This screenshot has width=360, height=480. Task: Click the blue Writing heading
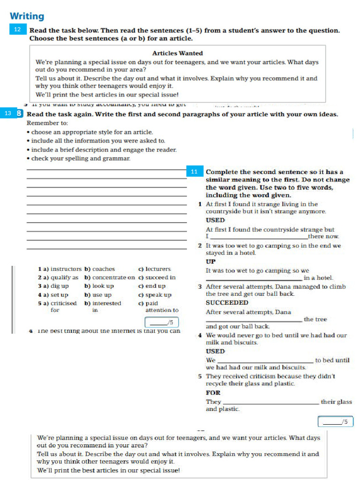pos(27,16)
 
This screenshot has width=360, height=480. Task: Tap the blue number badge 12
pos(17,30)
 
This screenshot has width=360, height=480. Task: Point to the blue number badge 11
pos(194,172)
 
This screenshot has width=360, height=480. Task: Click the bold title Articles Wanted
pos(178,53)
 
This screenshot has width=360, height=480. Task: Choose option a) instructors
pos(60,269)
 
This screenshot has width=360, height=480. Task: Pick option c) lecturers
pos(155,269)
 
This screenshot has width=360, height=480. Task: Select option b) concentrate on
pos(110,277)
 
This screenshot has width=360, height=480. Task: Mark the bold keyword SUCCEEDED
pos(227,303)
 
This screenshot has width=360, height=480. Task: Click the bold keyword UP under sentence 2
pos(210,262)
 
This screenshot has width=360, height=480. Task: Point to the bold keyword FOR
pos(213,393)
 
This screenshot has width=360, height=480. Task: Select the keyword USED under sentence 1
pos(215,220)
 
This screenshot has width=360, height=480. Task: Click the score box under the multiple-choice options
pos(162,322)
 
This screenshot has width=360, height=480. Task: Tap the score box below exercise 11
pos(336,421)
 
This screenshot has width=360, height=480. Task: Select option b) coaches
pos(100,269)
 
